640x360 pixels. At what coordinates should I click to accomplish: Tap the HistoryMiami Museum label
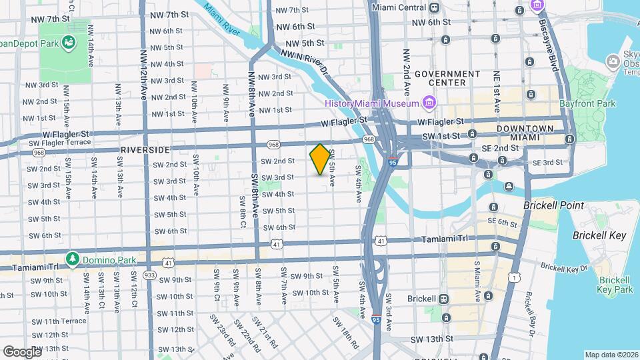coord(372,103)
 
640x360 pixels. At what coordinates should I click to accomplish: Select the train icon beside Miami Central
coord(435,7)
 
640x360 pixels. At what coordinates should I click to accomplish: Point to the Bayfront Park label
coord(588,103)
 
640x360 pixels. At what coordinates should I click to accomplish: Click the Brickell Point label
coord(553,206)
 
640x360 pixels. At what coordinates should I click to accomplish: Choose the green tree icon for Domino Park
coord(73,257)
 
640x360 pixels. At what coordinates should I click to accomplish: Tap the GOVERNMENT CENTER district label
coord(447,78)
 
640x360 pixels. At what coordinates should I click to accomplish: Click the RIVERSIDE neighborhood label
coord(145,150)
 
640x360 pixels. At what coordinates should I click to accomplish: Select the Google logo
coord(21,351)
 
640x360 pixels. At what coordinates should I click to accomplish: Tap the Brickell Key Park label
coord(614,285)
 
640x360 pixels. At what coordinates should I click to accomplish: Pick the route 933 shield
coord(149,275)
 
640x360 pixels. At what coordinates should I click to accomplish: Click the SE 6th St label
coord(502,223)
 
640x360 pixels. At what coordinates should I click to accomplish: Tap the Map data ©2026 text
coord(611,355)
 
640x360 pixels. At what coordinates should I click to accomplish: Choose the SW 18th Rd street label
coord(346,333)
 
